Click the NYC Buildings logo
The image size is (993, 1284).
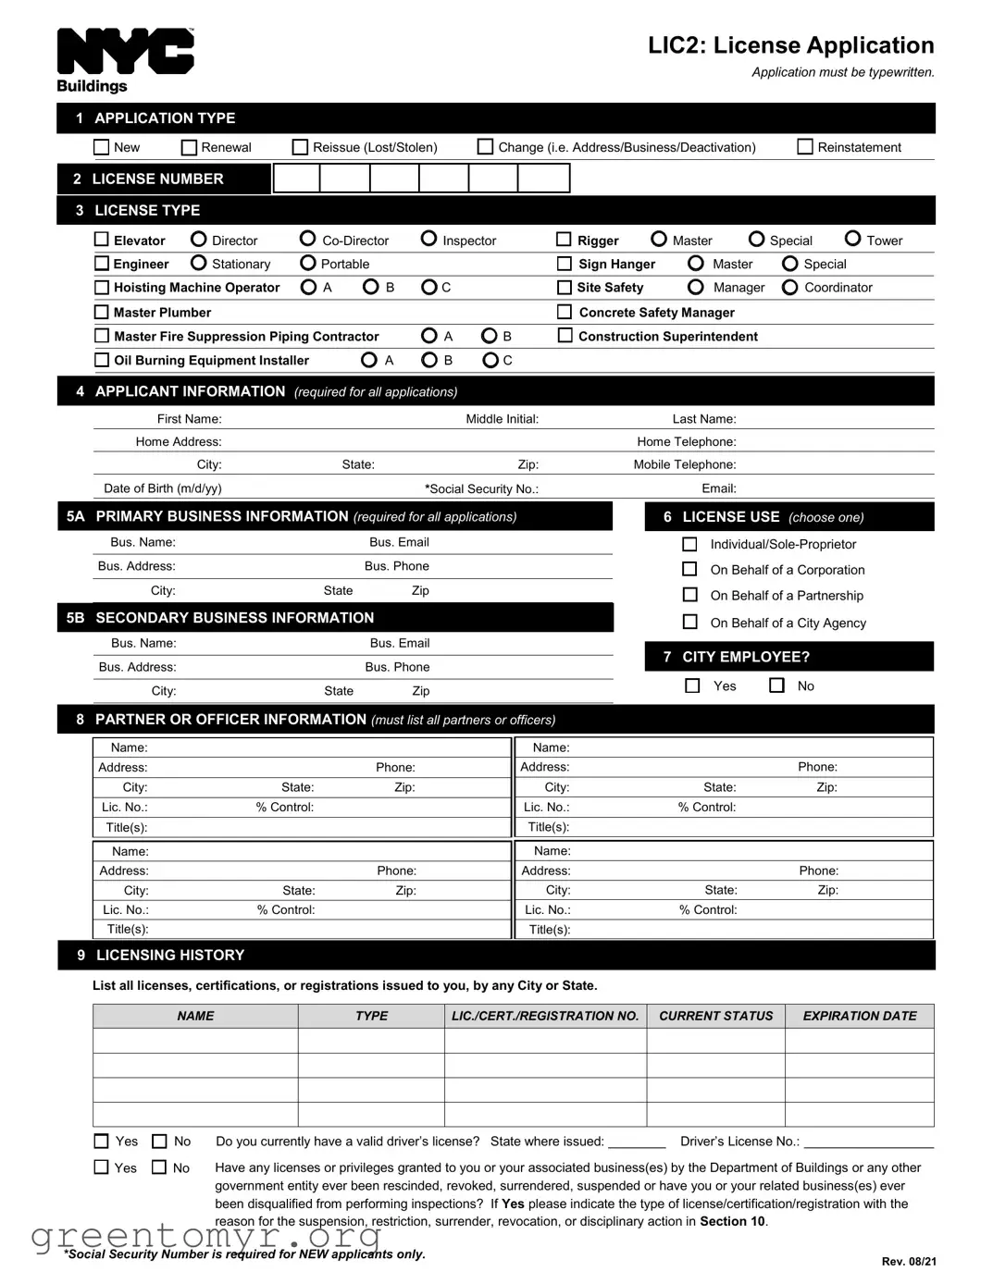click(x=125, y=60)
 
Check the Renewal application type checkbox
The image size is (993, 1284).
click(x=190, y=147)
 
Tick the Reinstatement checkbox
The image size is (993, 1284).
click(x=805, y=147)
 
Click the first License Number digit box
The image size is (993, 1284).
click(x=297, y=179)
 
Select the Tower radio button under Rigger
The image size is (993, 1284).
click(x=853, y=239)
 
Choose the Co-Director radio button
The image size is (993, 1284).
click(x=308, y=239)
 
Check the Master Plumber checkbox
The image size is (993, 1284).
click(x=102, y=312)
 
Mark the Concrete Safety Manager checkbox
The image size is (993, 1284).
click(x=565, y=312)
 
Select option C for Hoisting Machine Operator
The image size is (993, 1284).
click(x=428, y=287)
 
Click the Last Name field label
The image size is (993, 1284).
click(x=703, y=419)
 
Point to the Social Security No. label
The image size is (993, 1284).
click(x=481, y=488)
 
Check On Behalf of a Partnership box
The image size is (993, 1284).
click(x=689, y=595)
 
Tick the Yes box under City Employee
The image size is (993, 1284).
click(x=692, y=685)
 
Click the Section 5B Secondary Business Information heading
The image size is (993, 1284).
click(x=234, y=617)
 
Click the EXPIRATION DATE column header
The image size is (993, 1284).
click(x=859, y=1016)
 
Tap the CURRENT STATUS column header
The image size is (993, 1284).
click(x=715, y=1016)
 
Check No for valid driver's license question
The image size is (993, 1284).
click(x=160, y=1142)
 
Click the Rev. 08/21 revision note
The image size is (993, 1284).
click(x=908, y=1261)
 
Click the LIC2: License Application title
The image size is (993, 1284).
click(x=790, y=45)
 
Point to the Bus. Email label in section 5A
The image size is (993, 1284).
click(x=399, y=542)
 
